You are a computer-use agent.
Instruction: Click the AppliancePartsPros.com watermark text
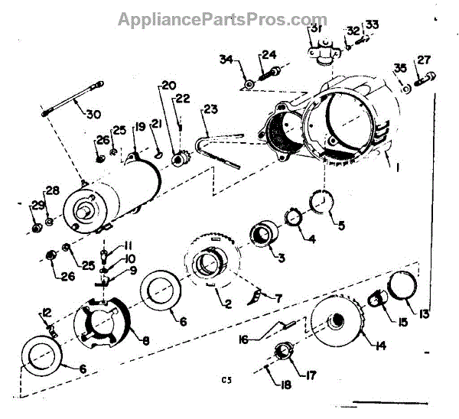223,19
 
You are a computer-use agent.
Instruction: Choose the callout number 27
425,61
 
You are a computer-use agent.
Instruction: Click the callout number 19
140,128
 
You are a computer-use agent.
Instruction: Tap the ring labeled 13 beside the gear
402,286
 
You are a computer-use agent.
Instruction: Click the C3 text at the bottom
226,379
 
